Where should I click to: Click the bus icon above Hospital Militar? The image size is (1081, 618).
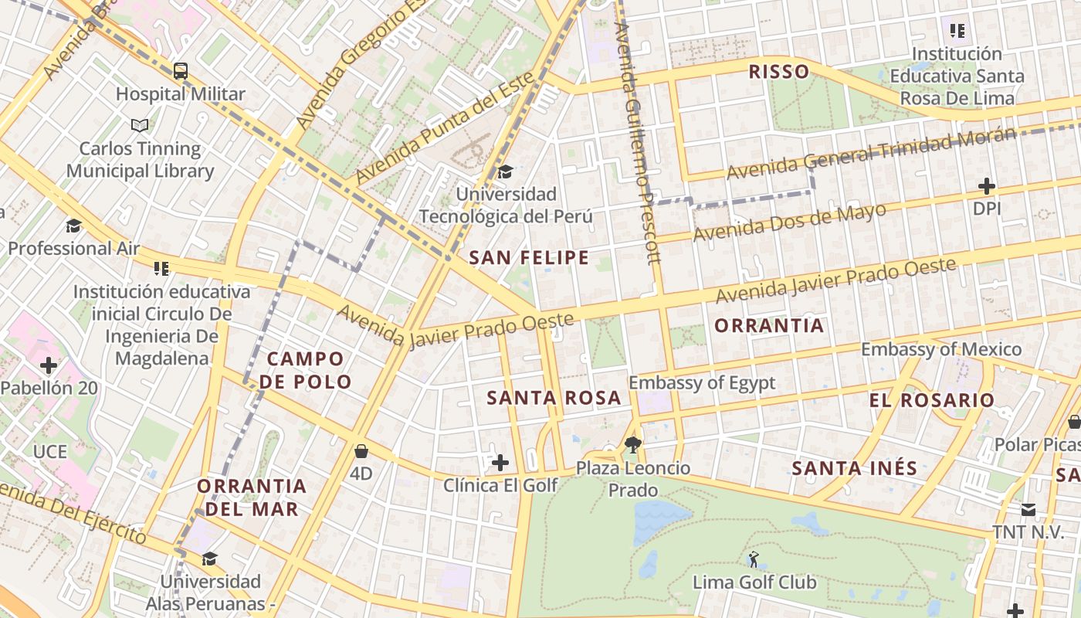tap(181, 72)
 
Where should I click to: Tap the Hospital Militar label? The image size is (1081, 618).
tap(181, 94)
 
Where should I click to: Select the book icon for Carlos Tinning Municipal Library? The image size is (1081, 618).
tap(140, 125)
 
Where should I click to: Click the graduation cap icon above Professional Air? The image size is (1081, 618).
tap(74, 226)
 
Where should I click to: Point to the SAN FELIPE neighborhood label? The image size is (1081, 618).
tap(529, 258)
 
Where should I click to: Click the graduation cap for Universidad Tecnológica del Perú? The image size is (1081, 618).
tap(506, 171)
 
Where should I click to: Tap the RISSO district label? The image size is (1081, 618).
tap(779, 72)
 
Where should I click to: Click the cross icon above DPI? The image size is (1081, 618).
tap(986, 186)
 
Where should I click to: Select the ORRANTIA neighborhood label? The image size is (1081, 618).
tap(769, 325)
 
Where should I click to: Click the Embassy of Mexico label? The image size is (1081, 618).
tap(941, 349)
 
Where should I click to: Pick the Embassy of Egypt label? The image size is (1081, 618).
tap(702, 382)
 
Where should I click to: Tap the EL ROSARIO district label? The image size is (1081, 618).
tap(931, 400)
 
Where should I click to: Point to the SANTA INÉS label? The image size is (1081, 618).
tap(855, 467)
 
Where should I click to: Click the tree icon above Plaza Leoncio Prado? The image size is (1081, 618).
tap(633, 444)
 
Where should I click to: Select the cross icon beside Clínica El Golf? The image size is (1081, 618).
tap(500, 463)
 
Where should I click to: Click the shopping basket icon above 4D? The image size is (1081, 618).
tap(361, 451)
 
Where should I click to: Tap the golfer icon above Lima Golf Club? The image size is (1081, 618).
tap(754, 559)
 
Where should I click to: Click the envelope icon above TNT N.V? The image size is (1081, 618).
tap(1028, 510)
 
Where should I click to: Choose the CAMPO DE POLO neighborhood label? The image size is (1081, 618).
tap(306, 370)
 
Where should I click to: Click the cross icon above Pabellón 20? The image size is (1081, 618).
tap(49, 365)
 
